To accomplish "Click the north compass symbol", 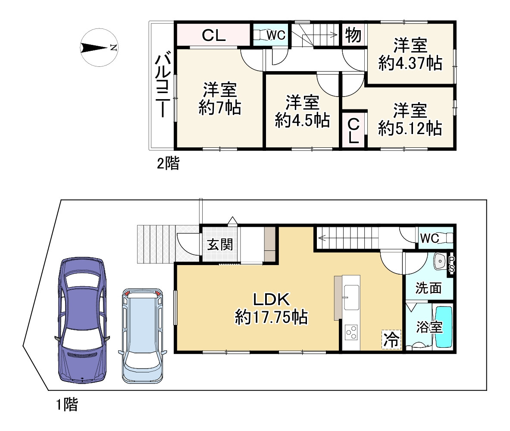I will tap(99, 48).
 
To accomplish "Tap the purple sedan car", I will tap(82, 320).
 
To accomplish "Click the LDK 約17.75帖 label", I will tap(272, 308).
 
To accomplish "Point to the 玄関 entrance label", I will tap(220, 245).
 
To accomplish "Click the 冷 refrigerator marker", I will tap(391, 340).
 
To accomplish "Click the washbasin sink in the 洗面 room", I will tap(440, 261).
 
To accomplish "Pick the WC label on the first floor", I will tap(429, 238).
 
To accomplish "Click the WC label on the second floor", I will tap(276, 35).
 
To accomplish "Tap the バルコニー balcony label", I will tap(162, 86).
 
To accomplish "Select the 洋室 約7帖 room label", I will tap(219, 99).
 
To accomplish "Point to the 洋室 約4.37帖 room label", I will tap(410, 55).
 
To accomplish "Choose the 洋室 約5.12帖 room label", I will tap(410, 119).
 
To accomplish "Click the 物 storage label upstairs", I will tap(353, 35).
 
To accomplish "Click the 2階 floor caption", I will tap(168, 163).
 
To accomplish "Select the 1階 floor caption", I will tap(67, 404).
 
